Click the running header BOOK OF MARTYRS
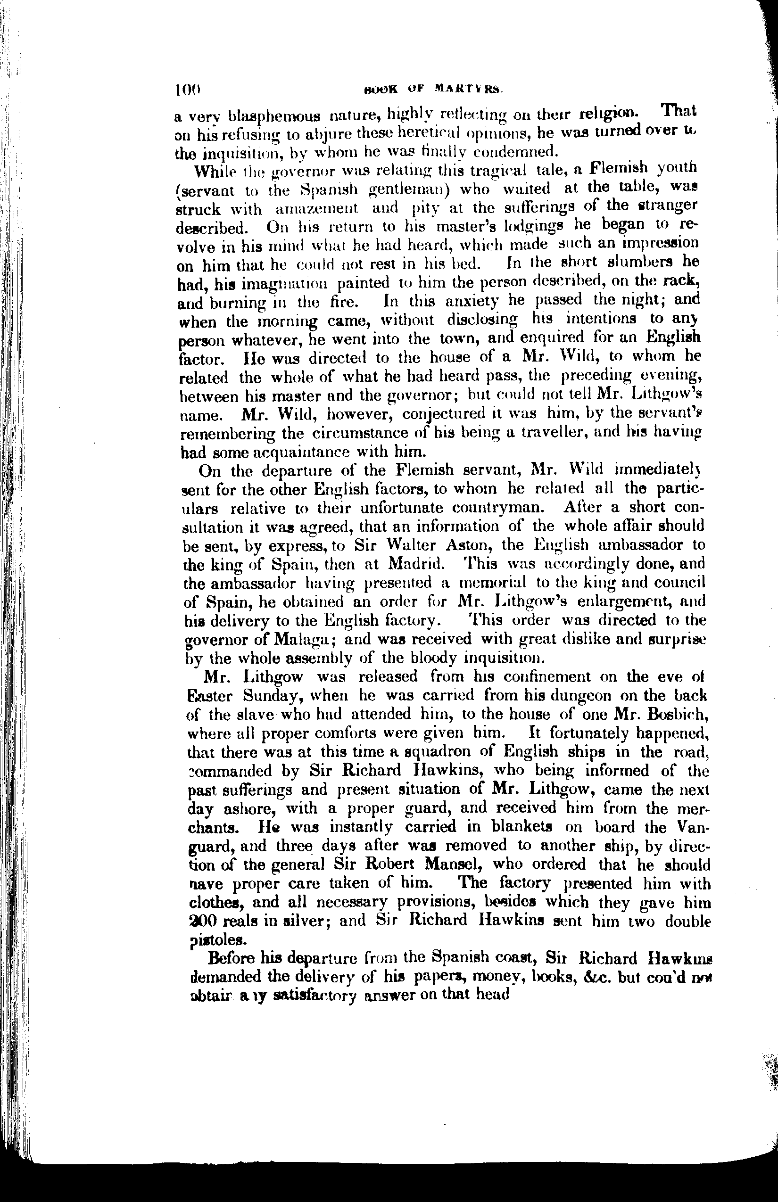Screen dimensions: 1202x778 (x=433, y=91)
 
